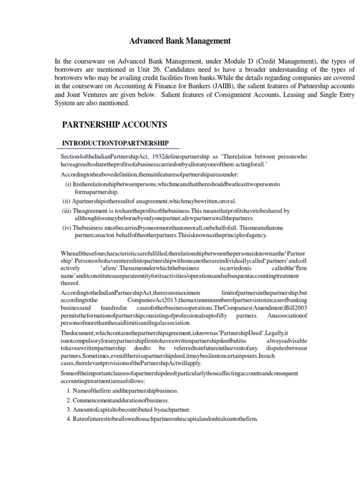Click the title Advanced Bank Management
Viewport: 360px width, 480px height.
coord(180,41)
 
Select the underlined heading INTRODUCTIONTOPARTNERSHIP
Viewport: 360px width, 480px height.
coord(115,142)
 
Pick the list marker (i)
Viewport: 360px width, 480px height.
coord(68,184)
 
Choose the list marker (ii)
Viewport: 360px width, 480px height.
coord(67,201)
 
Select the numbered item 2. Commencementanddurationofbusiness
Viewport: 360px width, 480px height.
coord(123,400)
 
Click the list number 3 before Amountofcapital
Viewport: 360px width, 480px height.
coord(68,409)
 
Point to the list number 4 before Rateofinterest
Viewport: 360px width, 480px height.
coord(68,418)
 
